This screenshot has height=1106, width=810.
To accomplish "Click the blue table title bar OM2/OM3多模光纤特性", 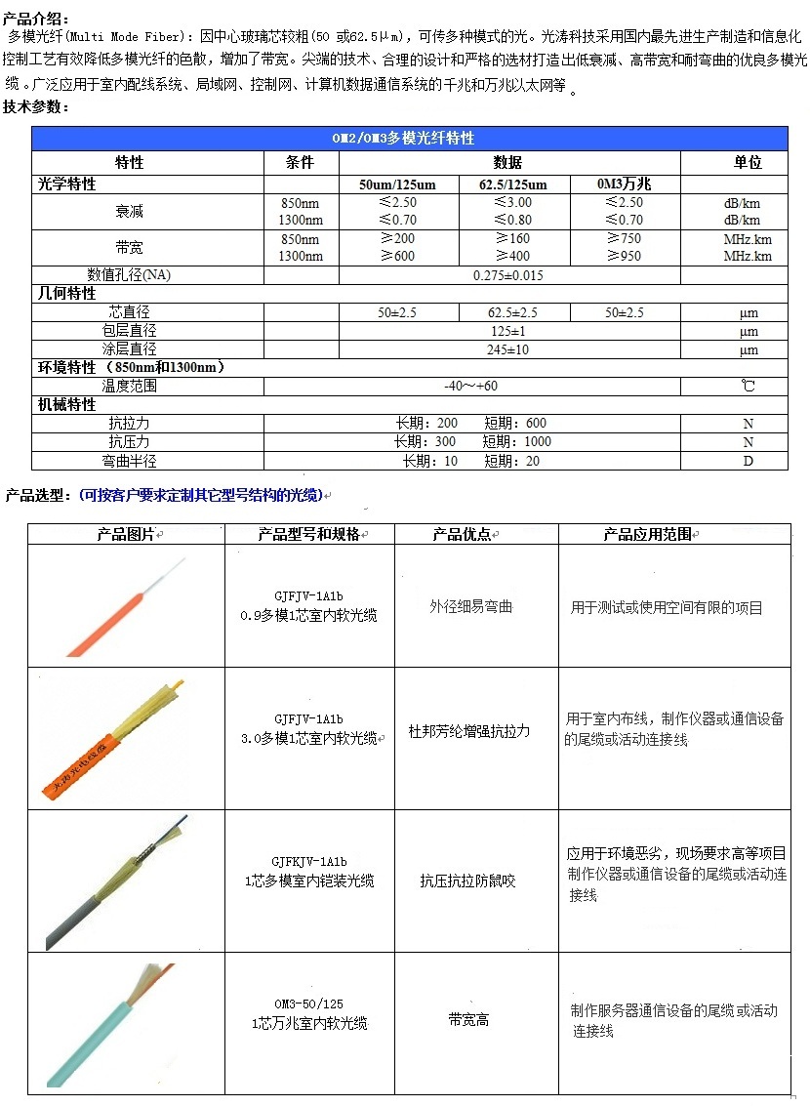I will (409, 139).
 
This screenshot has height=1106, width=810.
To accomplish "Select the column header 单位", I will (748, 162).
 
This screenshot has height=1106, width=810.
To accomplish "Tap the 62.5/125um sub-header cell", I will (512, 184).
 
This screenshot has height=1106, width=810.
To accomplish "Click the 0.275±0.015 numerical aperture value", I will (507, 275).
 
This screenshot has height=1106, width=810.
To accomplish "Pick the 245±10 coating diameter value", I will (507, 349).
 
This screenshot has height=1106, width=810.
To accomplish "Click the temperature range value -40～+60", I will (470, 386).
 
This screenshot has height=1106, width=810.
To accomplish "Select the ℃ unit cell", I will (748, 386).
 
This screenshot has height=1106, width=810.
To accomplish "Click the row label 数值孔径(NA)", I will (129, 275).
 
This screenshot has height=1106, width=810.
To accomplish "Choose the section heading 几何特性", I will (67, 293).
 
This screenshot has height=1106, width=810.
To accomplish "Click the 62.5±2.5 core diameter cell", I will (512, 312).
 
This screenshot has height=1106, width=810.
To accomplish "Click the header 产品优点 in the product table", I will (465, 535).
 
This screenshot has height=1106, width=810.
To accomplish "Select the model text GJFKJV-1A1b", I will (309, 863).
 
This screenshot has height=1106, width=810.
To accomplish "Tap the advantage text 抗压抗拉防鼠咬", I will (467, 881).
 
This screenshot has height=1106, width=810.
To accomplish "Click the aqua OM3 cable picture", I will (117, 1023).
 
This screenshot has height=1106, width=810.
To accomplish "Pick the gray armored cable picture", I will (117, 881).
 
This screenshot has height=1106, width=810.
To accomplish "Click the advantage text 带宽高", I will (468, 1020).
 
